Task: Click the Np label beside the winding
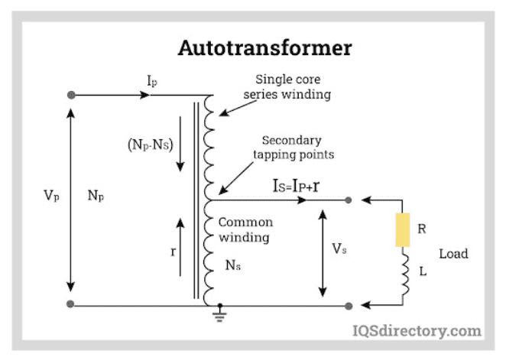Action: pos(96,196)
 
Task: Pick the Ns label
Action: pos(232,265)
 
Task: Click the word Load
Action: pos(453,254)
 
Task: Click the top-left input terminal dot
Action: pos(71,95)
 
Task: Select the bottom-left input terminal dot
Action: pos(71,304)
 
